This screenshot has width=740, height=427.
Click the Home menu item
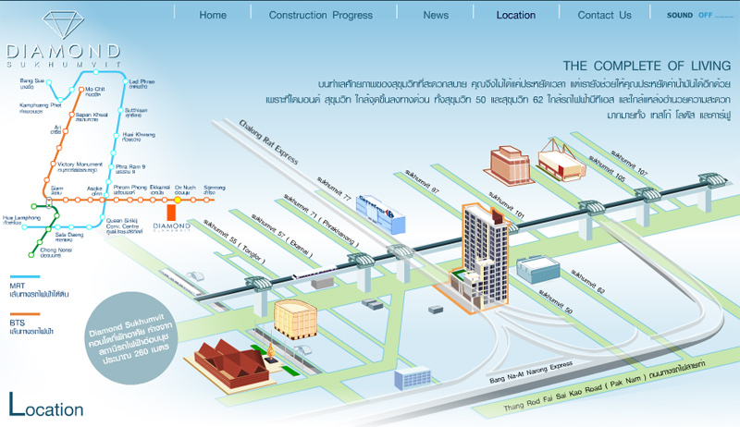click(212, 15)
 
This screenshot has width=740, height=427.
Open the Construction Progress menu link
click(320, 15)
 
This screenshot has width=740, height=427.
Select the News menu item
click(436, 15)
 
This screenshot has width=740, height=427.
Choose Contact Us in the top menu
click(604, 15)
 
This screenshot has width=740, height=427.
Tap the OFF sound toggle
click(705, 15)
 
